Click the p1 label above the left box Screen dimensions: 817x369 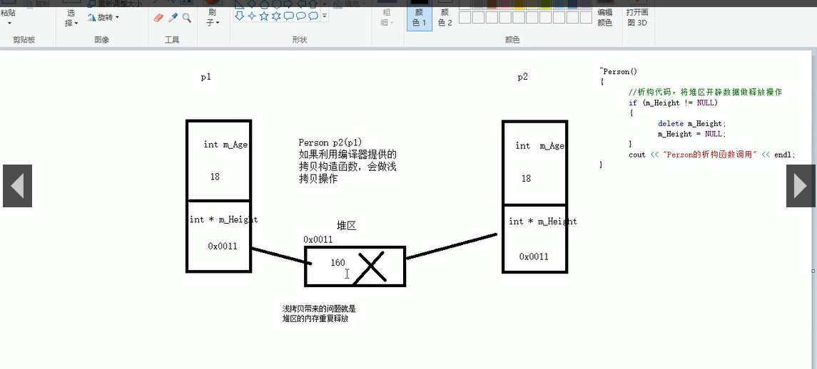click(205, 77)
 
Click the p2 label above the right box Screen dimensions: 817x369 click(523, 77)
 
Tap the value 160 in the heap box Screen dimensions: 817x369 click(338, 263)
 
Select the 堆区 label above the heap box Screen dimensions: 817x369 click(346, 225)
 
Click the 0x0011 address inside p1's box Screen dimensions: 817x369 click(223, 246)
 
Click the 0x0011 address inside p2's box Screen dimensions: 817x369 click(534, 256)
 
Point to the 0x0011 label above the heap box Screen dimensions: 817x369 click(318, 239)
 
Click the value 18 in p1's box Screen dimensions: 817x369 click(215, 177)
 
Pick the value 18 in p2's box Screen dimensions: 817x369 click(526, 179)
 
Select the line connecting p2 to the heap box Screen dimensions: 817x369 click(451, 246)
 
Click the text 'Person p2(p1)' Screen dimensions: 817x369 click(330, 143)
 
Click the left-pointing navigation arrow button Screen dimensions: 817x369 click(17, 186)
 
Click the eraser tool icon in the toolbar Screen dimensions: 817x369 click(159, 18)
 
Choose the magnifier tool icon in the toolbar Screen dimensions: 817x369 click(187, 18)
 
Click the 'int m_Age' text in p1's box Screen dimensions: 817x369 click(225, 145)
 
